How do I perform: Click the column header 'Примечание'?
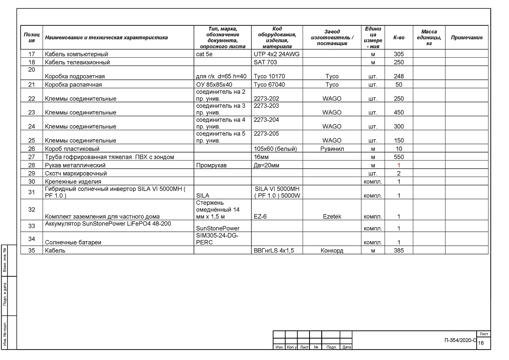(467, 38)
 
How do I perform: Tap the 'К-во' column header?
(399, 38)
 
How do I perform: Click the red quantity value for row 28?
(399, 166)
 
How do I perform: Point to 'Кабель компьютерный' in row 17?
(76, 54)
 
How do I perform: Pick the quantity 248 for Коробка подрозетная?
(399, 76)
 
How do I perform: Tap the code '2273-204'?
(266, 120)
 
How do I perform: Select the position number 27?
(31, 157)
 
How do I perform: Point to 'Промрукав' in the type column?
(212, 166)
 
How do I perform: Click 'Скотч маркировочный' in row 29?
(76, 173)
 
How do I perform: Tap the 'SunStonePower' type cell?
(218, 228)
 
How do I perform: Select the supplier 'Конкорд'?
(332, 250)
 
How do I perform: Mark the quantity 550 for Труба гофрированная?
(399, 157)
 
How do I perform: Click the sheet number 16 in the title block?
(481, 343)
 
